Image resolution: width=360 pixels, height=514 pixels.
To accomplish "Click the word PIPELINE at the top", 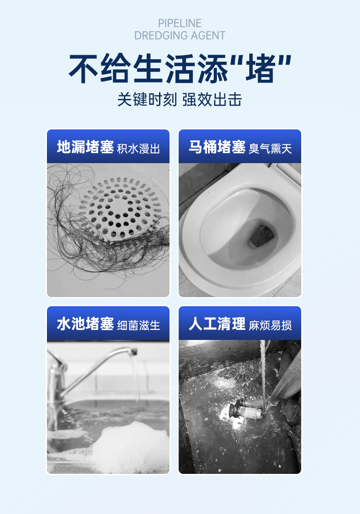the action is (180, 23).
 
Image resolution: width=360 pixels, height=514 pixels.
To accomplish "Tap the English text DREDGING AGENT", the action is (180, 36).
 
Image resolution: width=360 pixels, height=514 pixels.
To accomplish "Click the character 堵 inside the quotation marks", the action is (261, 69).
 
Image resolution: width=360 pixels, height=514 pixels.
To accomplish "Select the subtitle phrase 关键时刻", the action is (147, 99).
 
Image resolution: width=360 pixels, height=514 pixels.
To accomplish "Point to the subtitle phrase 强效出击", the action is (212, 99).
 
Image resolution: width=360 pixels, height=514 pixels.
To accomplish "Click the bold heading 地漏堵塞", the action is (85, 147).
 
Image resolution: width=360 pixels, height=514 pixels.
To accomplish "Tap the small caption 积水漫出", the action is (139, 149).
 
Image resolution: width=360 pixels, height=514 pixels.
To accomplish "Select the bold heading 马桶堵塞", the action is (217, 147).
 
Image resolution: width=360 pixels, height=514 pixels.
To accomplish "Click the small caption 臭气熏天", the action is (270, 149).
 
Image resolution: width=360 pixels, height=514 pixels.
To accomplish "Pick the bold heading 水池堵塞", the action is (85, 324).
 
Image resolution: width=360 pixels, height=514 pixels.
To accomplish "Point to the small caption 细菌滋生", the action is (139, 325).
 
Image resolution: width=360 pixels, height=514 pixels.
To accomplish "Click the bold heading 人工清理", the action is (217, 324).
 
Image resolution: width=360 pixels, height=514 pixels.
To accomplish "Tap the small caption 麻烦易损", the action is (270, 325).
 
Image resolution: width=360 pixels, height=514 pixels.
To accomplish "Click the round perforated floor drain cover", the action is (120, 208).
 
